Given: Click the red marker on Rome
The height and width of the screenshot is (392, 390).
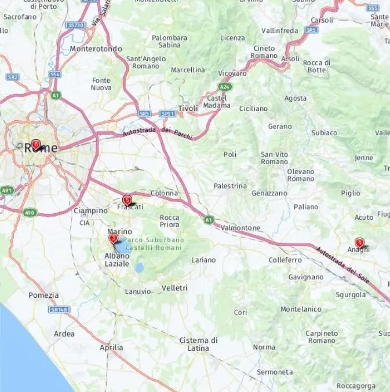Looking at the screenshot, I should (36, 144).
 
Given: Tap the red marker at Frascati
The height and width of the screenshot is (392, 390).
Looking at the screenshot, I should (127, 199).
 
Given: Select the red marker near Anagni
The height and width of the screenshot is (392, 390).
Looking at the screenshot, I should (360, 243).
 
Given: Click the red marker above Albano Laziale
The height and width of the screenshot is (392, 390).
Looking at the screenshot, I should (113, 238).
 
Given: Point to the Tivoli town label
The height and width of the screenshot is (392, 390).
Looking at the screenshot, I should (188, 108).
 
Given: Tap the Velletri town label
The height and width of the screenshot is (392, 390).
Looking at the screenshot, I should (174, 287).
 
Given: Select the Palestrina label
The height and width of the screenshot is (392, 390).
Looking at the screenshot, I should (230, 186).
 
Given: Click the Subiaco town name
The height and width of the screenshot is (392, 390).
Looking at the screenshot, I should (324, 132).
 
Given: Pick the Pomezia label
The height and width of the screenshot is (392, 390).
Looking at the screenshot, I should (43, 295).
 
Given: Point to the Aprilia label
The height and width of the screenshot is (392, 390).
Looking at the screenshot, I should (111, 347).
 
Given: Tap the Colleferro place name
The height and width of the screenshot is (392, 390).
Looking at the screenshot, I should (285, 260).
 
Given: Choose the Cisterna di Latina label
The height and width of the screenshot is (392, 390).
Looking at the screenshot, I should (198, 344).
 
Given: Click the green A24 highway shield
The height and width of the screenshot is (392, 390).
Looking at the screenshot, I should (224, 87).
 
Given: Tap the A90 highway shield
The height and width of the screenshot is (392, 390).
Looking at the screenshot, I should (30, 213).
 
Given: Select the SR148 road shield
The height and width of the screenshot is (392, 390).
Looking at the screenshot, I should (56, 310).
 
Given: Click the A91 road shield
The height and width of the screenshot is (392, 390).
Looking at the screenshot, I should (7, 190).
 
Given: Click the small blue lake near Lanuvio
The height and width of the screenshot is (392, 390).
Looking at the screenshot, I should (138, 268).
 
